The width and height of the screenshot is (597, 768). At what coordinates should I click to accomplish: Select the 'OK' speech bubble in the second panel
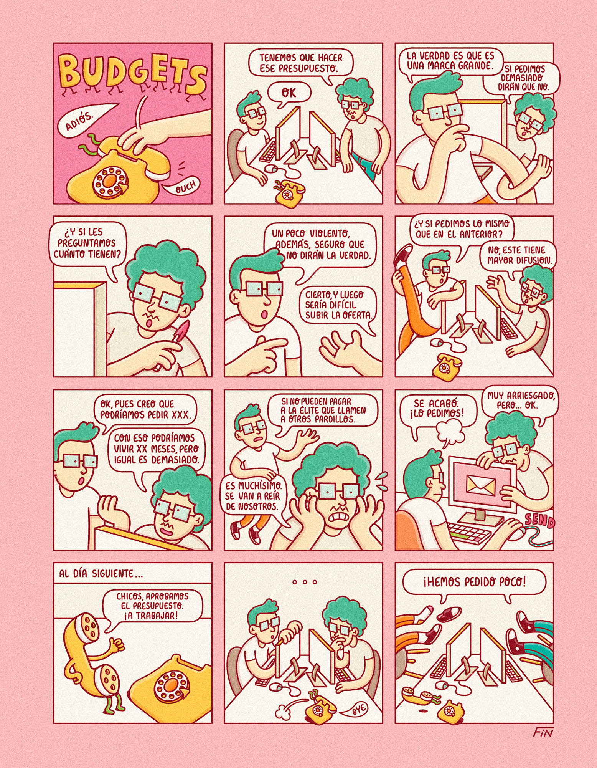pyautogui.click(x=289, y=93)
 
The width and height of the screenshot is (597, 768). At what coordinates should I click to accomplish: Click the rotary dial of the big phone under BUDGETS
pyautogui.click(x=109, y=181)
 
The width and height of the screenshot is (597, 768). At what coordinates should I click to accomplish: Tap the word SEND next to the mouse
pyautogui.click(x=539, y=520)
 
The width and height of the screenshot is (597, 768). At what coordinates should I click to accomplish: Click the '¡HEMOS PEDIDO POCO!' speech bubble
pyautogui.click(x=474, y=583)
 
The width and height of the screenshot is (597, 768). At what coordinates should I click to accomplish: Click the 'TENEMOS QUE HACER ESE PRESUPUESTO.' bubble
pyautogui.click(x=300, y=63)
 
